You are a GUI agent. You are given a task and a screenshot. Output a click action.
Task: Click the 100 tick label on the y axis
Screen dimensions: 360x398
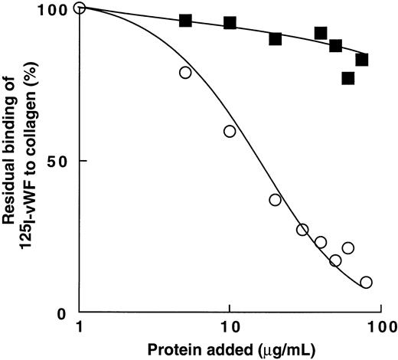52,9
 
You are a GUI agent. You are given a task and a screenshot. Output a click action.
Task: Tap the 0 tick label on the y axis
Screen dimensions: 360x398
64,313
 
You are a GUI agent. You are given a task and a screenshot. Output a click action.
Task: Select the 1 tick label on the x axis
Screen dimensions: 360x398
80,328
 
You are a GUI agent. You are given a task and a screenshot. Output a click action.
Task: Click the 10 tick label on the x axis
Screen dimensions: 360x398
229,328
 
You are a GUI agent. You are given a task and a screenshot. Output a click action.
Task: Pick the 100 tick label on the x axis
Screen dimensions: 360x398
376,328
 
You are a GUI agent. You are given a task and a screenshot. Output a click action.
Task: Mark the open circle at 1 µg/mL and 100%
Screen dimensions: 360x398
80,8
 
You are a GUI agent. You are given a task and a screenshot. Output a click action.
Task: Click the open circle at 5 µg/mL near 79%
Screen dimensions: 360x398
184,72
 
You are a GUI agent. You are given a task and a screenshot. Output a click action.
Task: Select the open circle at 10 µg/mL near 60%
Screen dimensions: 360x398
230,131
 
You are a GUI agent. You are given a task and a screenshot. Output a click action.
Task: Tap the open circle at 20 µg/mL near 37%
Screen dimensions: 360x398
275,200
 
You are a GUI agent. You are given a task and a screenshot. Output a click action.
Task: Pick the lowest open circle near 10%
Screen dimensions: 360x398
366,282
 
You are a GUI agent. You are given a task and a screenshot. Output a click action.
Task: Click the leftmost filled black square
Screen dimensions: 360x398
184,20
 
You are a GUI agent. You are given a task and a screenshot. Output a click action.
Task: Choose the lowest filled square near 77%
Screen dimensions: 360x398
348,78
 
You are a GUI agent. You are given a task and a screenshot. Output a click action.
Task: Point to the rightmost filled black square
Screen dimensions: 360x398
362,59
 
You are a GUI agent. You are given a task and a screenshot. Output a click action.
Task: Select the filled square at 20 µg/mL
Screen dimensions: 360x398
275,38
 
